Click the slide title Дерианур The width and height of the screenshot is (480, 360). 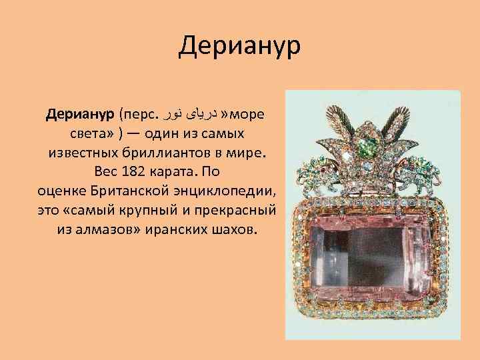(240, 47)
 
